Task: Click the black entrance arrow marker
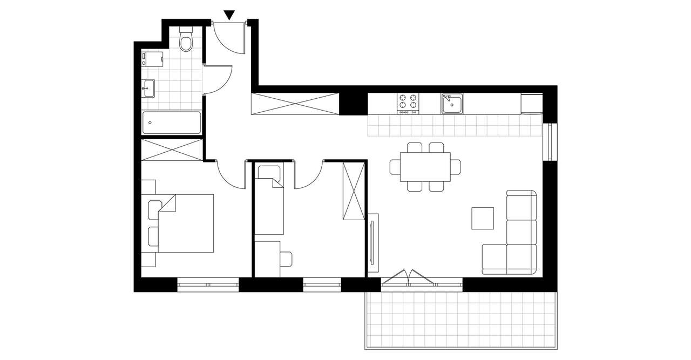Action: pyautogui.click(x=229, y=15)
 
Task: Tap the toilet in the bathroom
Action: pyautogui.click(x=186, y=40)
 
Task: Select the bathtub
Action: pyautogui.click(x=172, y=123)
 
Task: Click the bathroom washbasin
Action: pyautogui.click(x=148, y=88)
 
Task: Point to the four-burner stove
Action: pyautogui.click(x=408, y=103)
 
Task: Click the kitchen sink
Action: pyautogui.click(x=451, y=103)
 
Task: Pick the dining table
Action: pyautogui.click(x=425, y=167)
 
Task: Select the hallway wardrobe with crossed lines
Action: pyautogui.click(x=295, y=103)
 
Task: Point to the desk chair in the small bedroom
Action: pyautogui.click(x=286, y=259)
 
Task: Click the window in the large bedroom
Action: pyautogui.click(x=208, y=284)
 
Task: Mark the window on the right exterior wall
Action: pyautogui.click(x=550, y=142)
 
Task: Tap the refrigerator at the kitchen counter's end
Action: pyautogui.click(x=532, y=103)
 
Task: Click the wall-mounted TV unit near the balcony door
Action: pyautogui.click(x=373, y=243)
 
